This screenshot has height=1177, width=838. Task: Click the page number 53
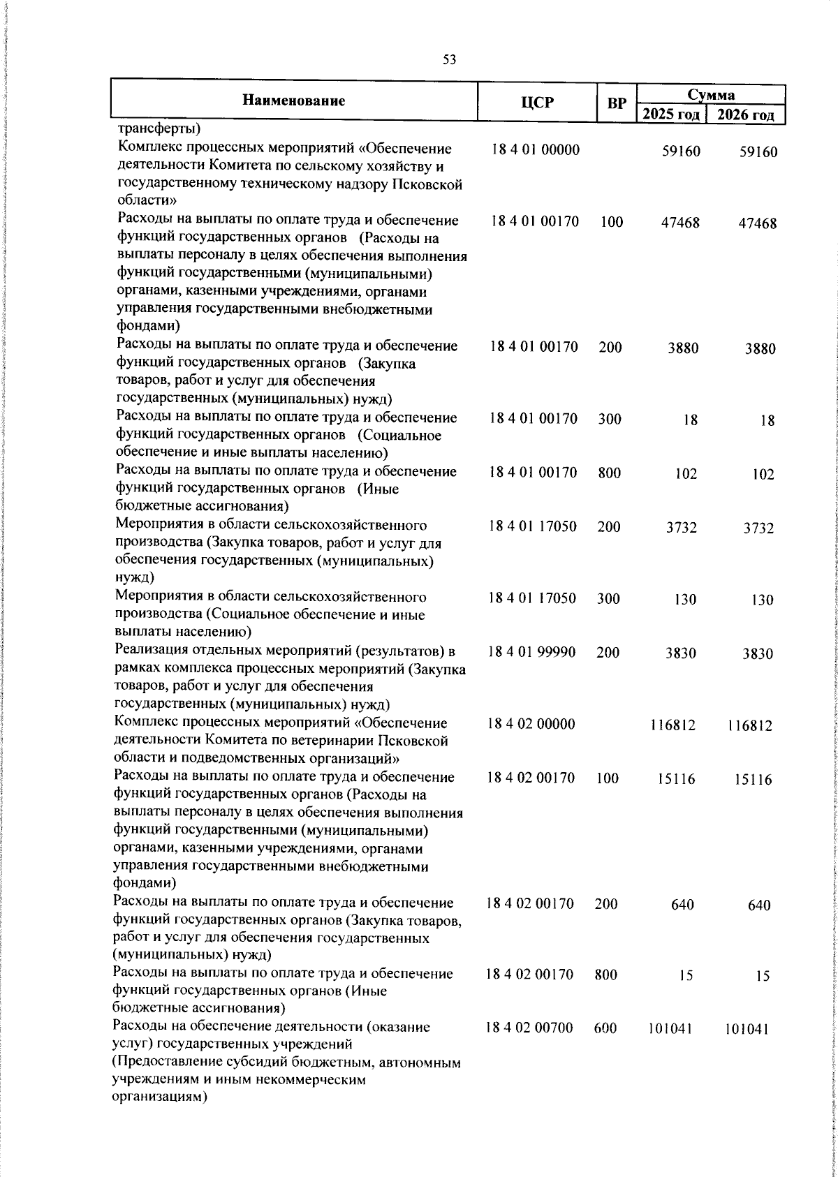click(x=449, y=61)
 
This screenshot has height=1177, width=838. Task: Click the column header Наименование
click(x=294, y=101)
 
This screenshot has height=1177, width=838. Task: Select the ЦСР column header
click(x=537, y=103)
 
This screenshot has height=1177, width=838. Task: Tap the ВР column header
click(x=617, y=103)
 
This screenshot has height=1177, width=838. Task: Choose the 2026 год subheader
click(x=747, y=114)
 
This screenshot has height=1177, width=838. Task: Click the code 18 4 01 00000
click(x=535, y=150)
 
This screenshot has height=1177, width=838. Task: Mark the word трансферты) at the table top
click(x=159, y=128)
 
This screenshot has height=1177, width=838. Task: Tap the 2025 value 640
click(x=682, y=905)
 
